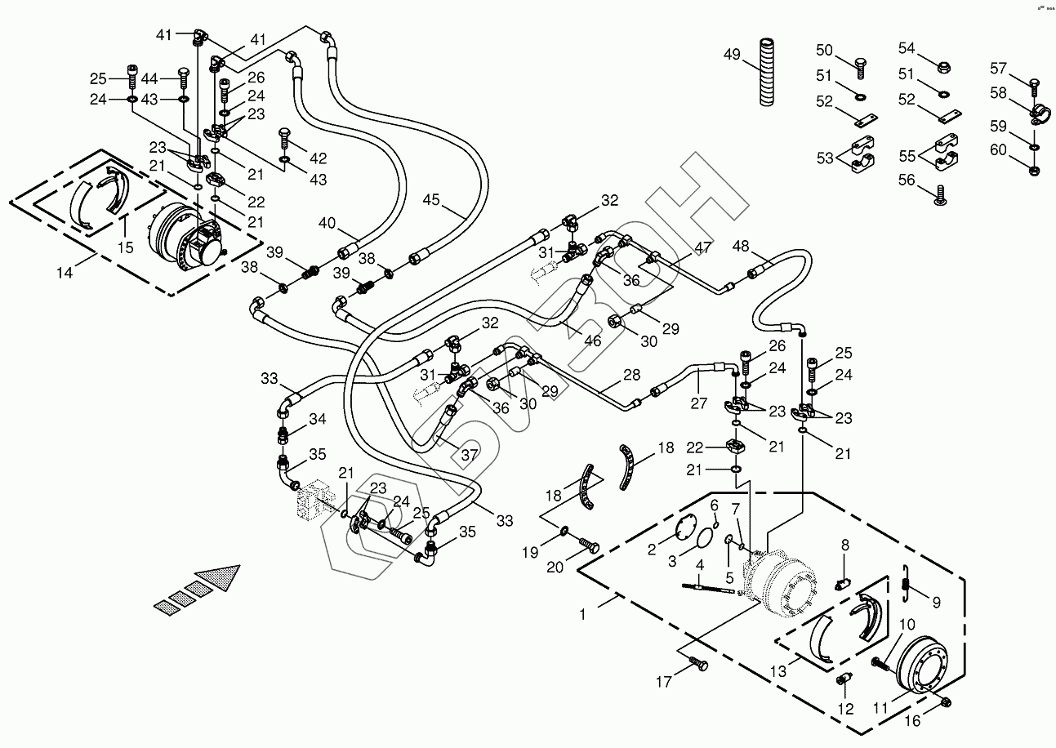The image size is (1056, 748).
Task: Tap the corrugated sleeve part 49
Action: click(x=769, y=71)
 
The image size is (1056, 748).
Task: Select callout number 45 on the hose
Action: click(x=431, y=200)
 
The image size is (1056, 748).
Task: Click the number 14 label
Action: click(x=65, y=272)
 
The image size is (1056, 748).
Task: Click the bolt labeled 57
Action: click(x=1036, y=83)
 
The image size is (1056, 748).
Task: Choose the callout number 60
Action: click(x=999, y=149)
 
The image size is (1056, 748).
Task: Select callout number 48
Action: click(x=740, y=247)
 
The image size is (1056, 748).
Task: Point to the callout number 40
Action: click(x=327, y=223)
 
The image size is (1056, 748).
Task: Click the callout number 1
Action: click(x=583, y=613)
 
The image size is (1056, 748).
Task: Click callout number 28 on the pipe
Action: click(x=631, y=375)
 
